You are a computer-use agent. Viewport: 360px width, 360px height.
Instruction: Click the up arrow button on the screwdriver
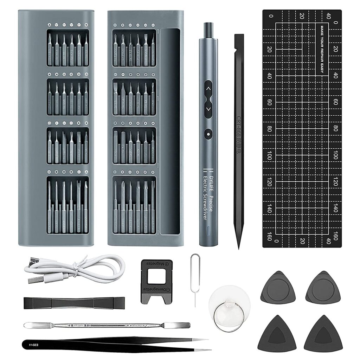click(x=208, y=89)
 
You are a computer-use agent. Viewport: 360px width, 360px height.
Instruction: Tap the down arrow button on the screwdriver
click(x=208, y=109)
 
